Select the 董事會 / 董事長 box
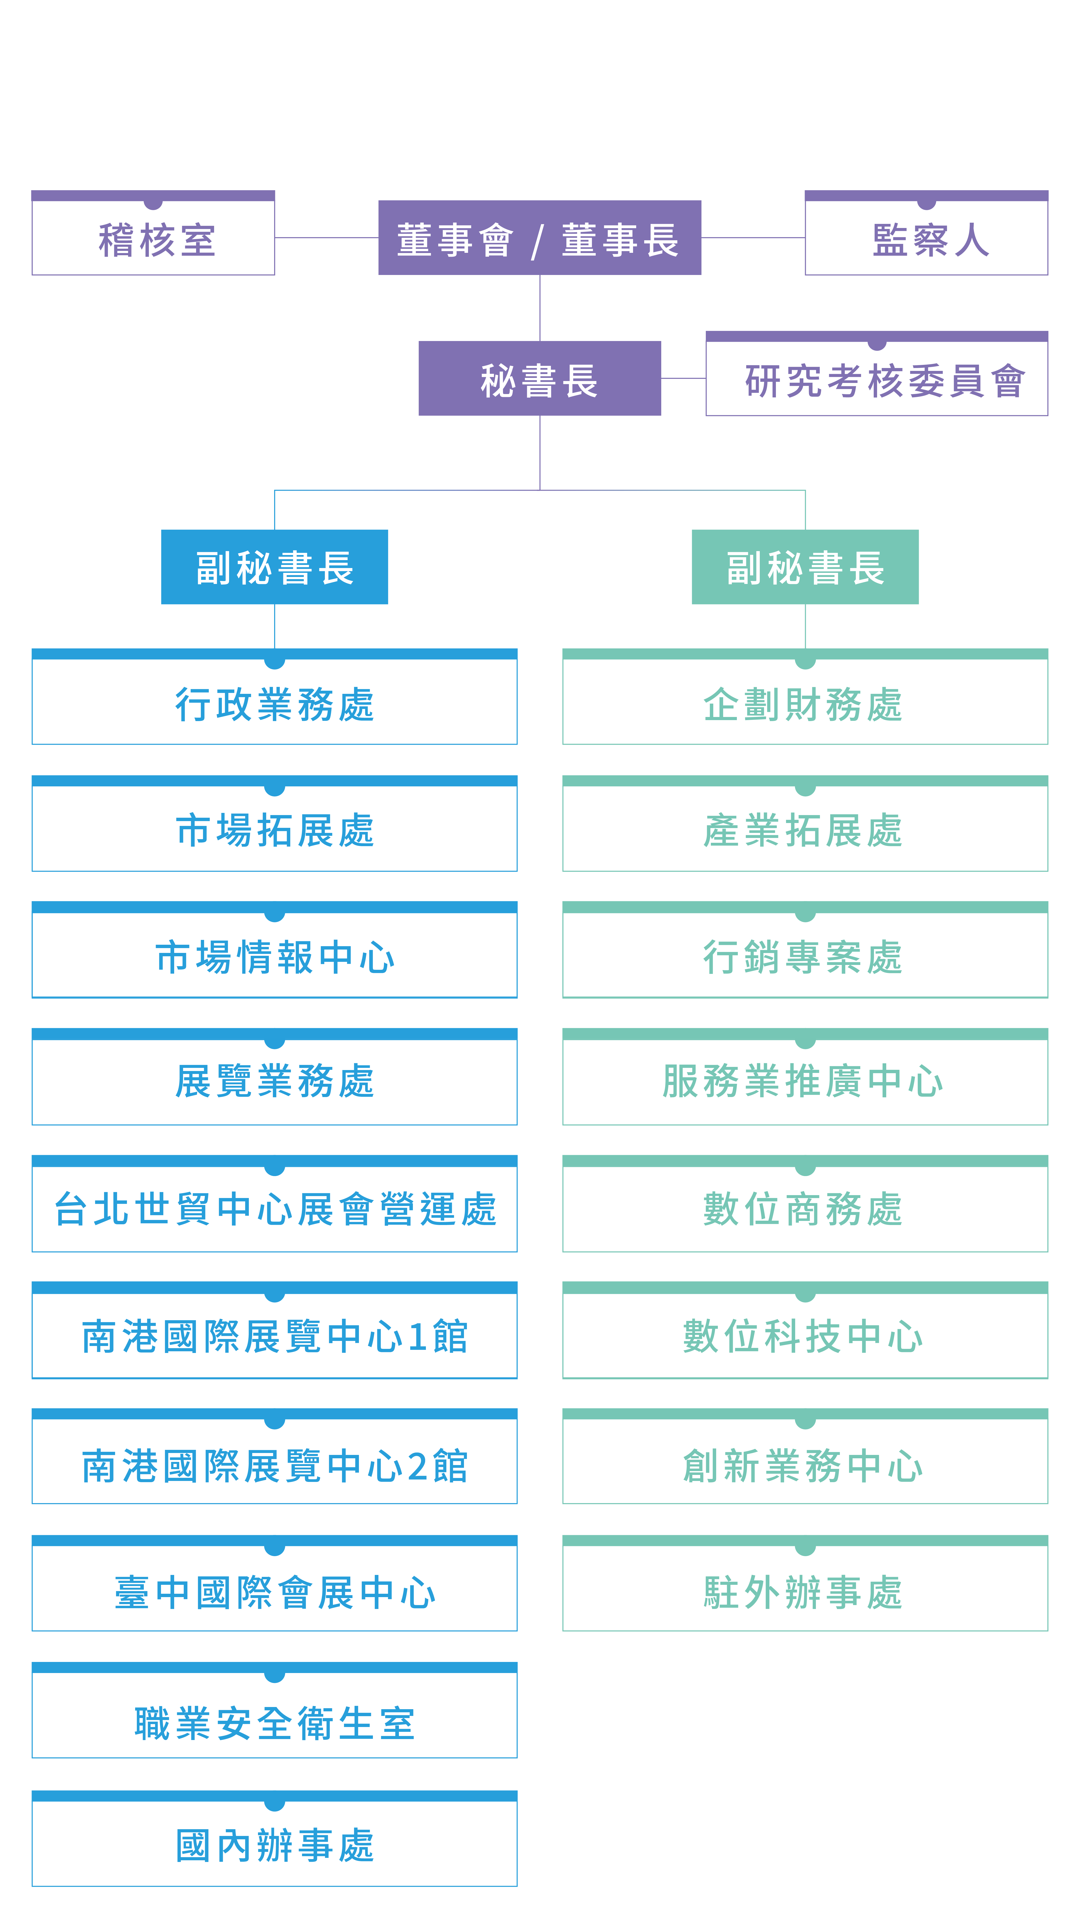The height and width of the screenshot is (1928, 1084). tap(539, 237)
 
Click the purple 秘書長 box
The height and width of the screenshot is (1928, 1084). tap(539, 378)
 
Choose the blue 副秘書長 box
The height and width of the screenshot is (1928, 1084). tap(275, 567)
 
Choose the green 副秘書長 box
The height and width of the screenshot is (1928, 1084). tap(805, 567)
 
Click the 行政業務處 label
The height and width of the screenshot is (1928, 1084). tap(275, 704)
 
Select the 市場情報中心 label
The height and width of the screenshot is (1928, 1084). tap(275, 957)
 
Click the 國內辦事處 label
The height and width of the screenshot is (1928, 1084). tap(275, 1845)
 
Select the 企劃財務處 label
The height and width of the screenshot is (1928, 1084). tap(803, 704)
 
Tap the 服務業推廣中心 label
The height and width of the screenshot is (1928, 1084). tap(803, 1082)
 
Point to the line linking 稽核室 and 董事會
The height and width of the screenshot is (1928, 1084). tap(327, 237)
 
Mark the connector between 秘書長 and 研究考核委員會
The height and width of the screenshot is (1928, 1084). tap(683, 378)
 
